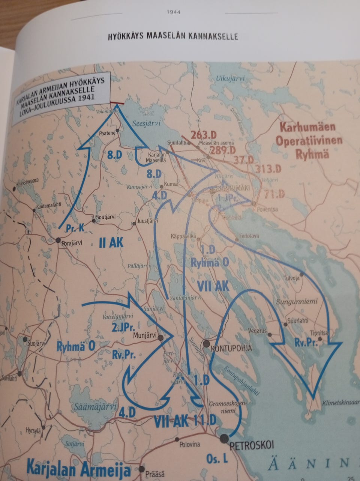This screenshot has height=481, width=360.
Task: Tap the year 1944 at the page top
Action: click(x=173, y=12)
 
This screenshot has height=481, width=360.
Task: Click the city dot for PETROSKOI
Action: click(x=224, y=437)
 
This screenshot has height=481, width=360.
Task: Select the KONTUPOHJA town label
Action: click(x=232, y=349)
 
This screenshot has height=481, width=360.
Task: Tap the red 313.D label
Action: click(x=268, y=169)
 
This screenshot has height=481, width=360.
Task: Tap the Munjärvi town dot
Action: click(x=160, y=338)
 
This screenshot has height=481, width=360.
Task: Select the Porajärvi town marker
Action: click(x=58, y=240)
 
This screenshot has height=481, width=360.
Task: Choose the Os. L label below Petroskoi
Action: click(x=217, y=458)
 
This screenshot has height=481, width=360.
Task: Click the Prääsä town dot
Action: click(x=141, y=469)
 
